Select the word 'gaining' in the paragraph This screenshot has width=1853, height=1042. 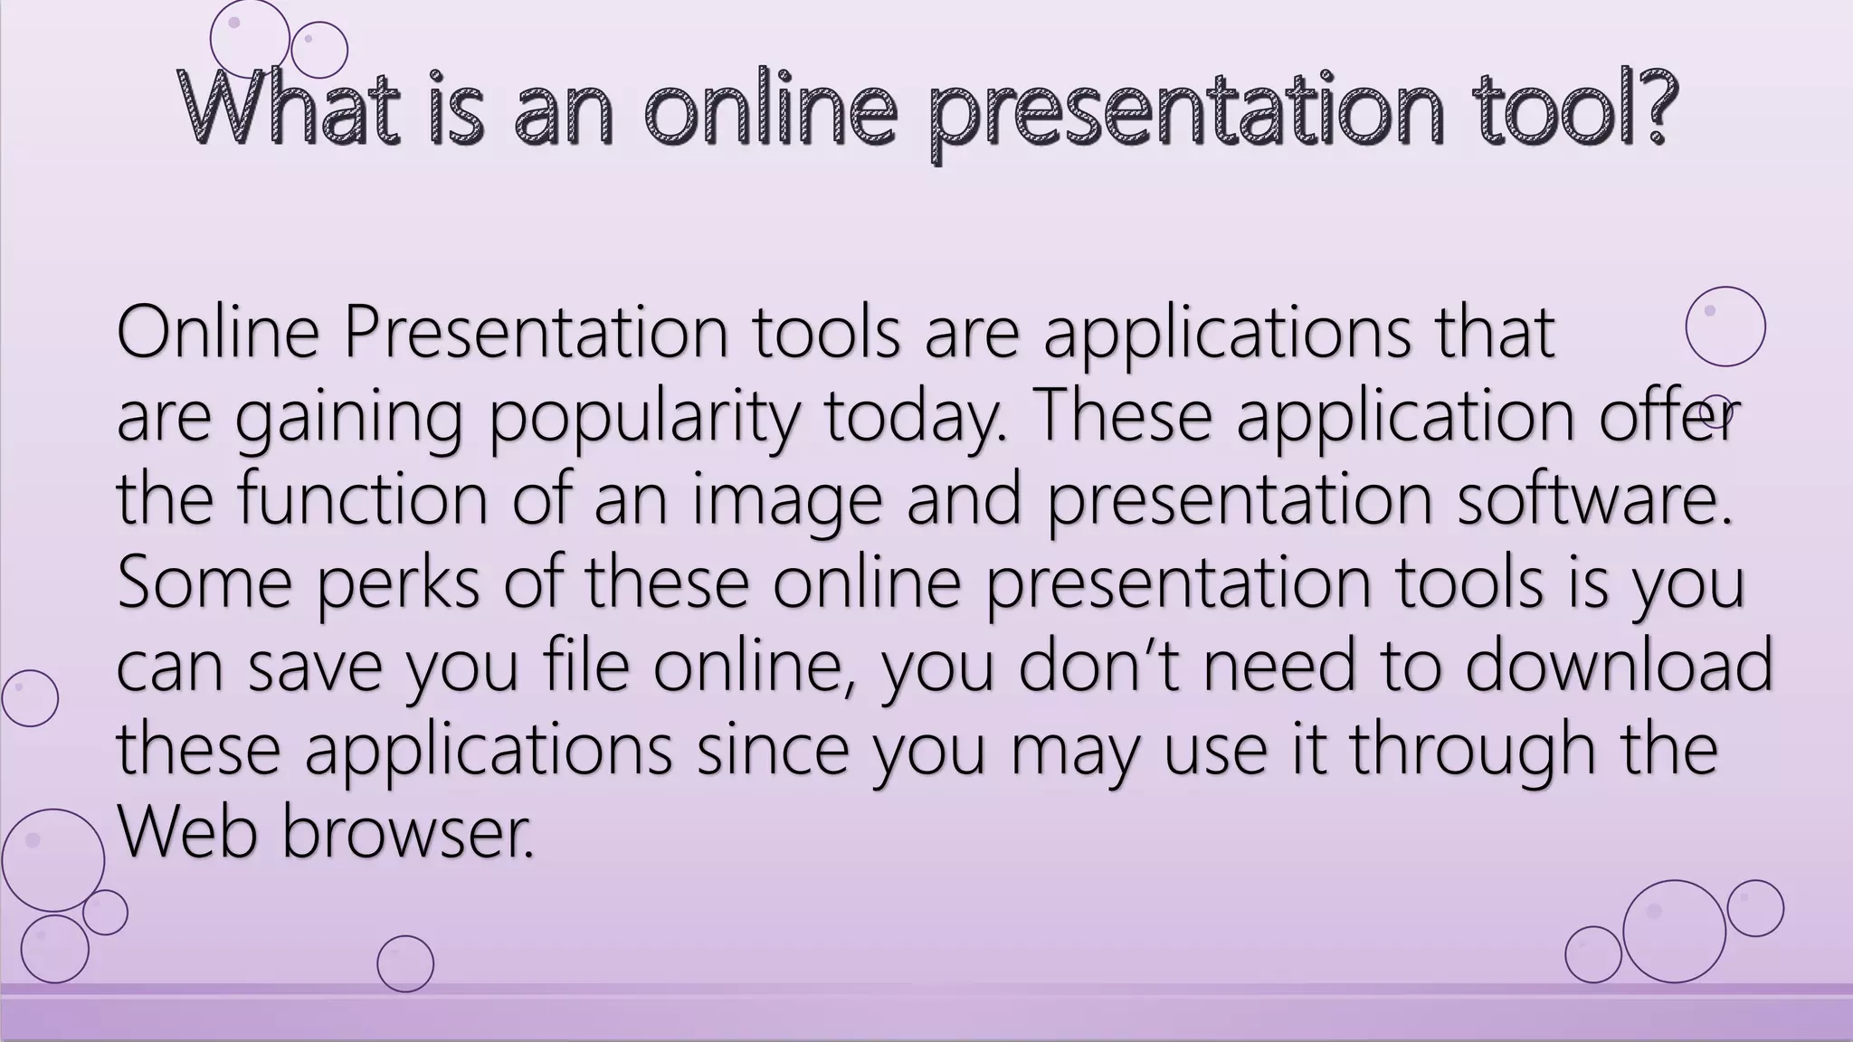[x=348, y=418]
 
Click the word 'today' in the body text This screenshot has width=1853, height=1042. [x=914, y=418]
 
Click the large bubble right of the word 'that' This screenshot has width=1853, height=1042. [x=1725, y=327]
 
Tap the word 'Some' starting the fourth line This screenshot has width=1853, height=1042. [x=204, y=582]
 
